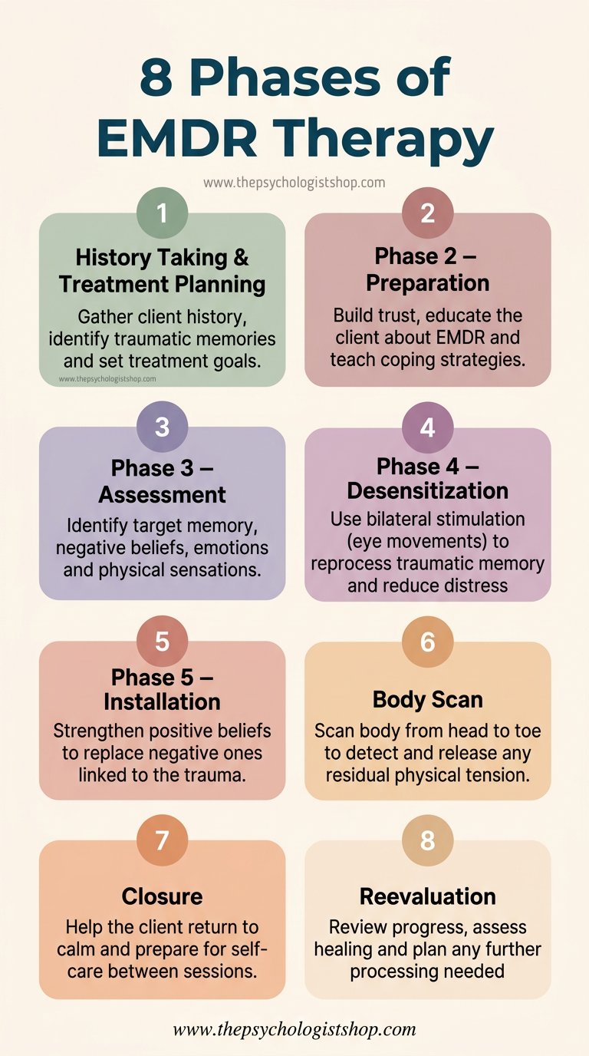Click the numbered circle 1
tap(162, 213)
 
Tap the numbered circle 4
tap(427, 427)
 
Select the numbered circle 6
tap(427, 642)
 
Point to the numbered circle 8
tap(427, 840)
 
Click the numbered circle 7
tap(162, 840)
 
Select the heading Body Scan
tap(427, 699)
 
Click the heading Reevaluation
tap(427, 896)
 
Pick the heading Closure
tap(162, 896)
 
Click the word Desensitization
tap(427, 490)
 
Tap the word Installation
tap(162, 701)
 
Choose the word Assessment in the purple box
tap(162, 494)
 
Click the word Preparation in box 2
tap(427, 282)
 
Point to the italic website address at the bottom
tap(294, 1029)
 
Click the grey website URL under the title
tap(294, 183)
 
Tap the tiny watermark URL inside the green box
tap(107, 379)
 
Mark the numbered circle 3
tap(162, 427)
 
